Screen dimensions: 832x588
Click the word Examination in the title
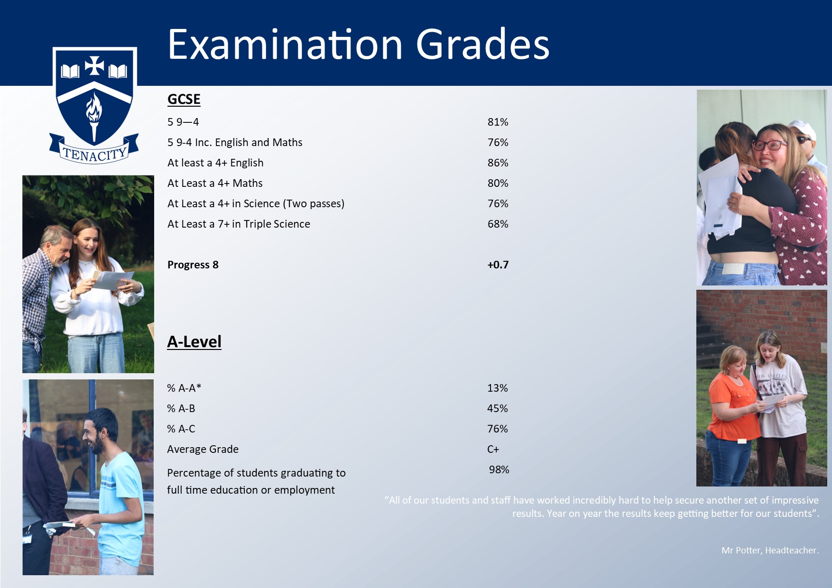[286, 44]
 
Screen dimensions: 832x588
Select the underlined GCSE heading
[184, 99]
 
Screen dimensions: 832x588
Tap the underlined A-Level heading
[194, 341]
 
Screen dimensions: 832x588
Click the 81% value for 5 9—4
[498, 122]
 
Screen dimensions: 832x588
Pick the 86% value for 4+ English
[498, 163]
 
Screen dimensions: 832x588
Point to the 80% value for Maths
[498, 183]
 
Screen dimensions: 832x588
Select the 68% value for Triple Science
[498, 224]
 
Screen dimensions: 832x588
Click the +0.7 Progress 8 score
[498, 265]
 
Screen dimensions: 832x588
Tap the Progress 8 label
[193, 265]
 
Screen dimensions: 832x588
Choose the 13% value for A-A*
[497, 388]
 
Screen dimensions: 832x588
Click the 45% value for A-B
[497, 408]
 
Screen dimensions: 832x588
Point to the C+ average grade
[493, 449]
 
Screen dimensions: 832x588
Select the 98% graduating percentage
[499, 469]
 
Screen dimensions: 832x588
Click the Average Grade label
[203, 449]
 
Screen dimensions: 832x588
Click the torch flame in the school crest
[94, 108]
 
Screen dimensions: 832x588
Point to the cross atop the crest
[94, 65]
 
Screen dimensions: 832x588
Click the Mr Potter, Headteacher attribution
[770, 550]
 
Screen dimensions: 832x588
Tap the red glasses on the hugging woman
[770, 144]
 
